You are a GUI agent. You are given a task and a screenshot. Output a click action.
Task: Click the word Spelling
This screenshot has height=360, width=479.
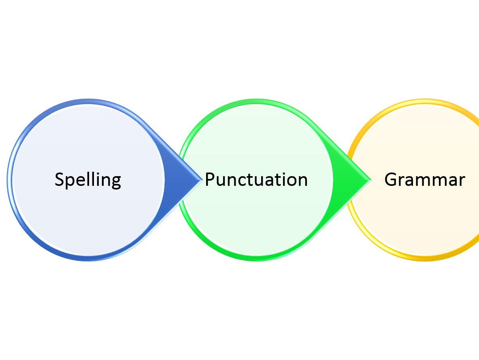pyautogui.click(x=88, y=179)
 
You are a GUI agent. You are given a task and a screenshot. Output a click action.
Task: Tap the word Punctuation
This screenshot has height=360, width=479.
pyautogui.click(x=256, y=179)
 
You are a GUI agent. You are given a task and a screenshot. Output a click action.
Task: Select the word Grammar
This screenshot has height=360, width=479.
pyautogui.click(x=424, y=179)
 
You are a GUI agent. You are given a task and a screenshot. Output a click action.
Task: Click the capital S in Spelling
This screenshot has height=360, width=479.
pyautogui.click(x=60, y=179)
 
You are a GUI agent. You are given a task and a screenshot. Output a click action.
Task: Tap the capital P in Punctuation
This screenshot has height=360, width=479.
pyautogui.click(x=209, y=179)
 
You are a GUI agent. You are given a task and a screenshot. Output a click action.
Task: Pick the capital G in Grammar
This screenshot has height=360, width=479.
pyautogui.click(x=390, y=179)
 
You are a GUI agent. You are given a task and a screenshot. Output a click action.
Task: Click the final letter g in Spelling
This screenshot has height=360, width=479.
pyautogui.click(x=116, y=181)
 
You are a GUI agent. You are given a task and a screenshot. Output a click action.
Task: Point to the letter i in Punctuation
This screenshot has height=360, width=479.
pyautogui.click(x=279, y=179)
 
